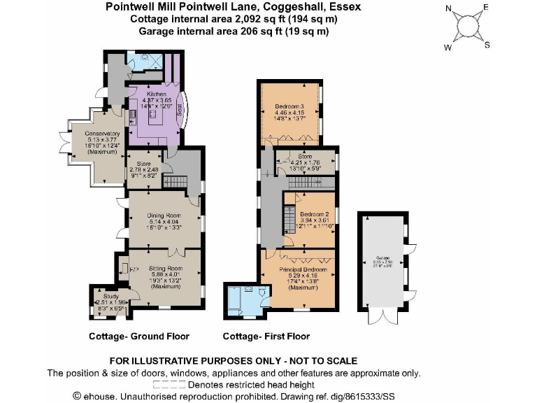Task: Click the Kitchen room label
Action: coord(156,93)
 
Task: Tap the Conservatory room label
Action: coord(102,134)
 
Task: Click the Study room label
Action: coord(102,296)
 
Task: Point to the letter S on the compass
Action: coord(488,45)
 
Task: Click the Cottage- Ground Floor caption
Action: coord(138,337)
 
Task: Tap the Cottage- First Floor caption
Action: coord(266,337)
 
